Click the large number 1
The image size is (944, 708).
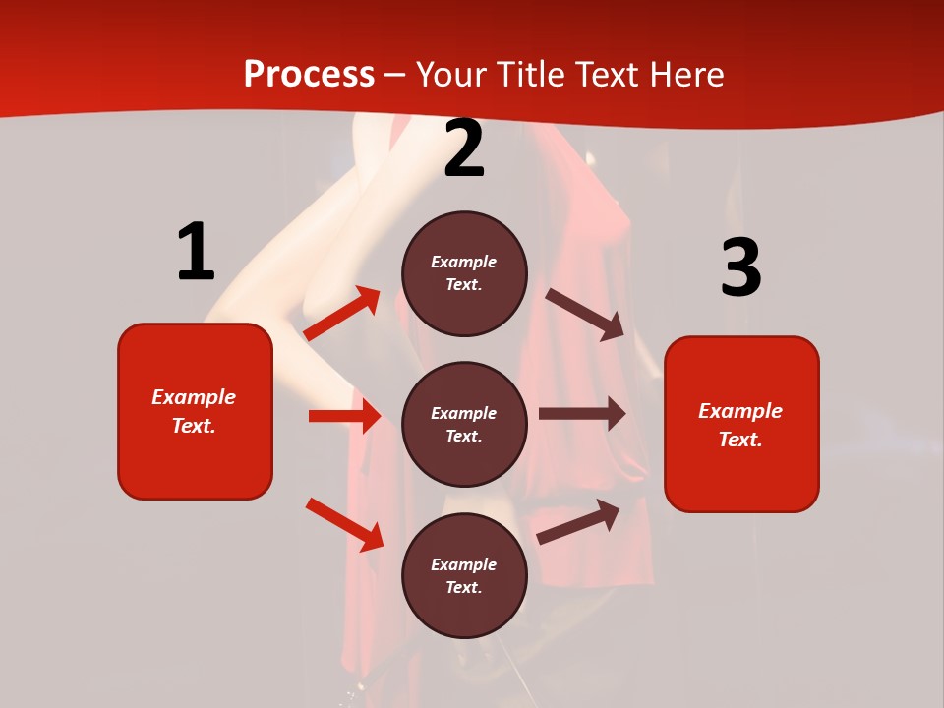pos(196,253)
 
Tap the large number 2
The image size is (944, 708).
pos(464,149)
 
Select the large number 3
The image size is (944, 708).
pos(740,267)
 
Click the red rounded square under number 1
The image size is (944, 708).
pos(195,411)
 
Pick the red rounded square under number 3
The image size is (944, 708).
pos(741,424)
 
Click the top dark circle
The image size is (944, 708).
pos(464,273)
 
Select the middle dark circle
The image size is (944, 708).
pos(464,424)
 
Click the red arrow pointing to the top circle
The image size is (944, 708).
pos(341,314)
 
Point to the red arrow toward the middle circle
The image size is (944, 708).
pos(344,416)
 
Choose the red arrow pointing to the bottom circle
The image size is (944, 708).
pos(344,523)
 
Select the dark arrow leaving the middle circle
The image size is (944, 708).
pos(582,414)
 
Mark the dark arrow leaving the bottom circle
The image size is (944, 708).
pos(578,521)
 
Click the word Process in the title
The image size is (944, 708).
pos(309,74)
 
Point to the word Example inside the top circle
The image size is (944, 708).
pos(464,262)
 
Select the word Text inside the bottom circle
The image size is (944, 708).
pos(462,587)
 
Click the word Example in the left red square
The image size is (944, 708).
pos(194,397)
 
